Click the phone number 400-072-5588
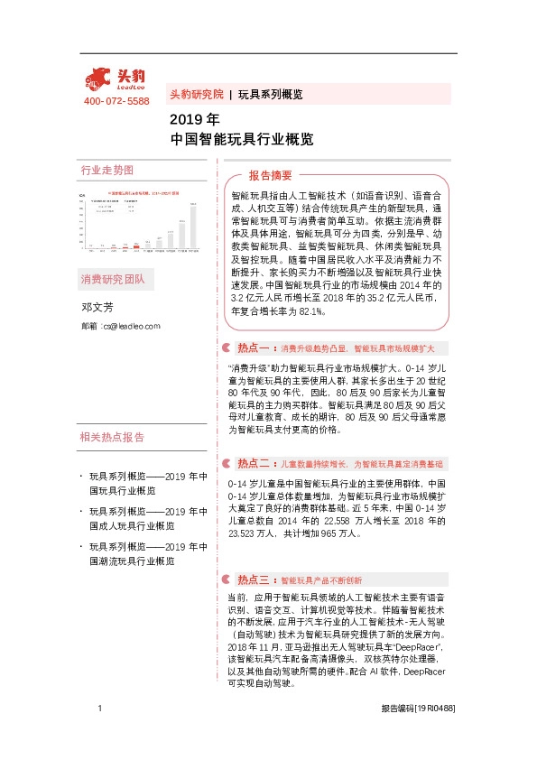(x=116, y=101)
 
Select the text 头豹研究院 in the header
(x=196, y=94)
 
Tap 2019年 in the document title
(x=194, y=119)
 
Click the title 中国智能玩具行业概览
(x=242, y=140)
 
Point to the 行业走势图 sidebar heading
(x=107, y=170)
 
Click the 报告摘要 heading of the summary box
(x=270, y=175)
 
